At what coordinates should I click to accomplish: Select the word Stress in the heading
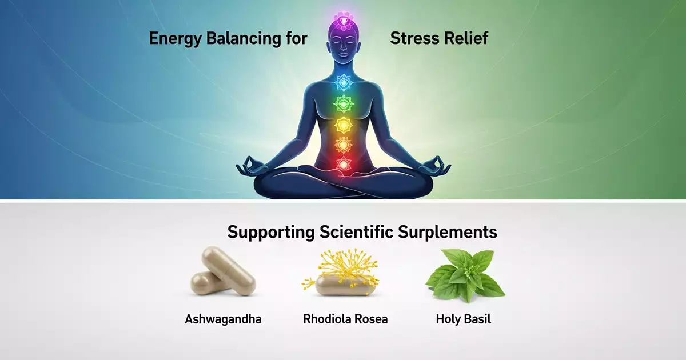click(412, 39)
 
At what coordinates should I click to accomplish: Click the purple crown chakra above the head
click(343, 21)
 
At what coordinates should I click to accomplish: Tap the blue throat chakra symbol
click(343, 83)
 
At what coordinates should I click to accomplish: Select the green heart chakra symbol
click(343, 104)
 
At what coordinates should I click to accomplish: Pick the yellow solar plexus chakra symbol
click(343, 125)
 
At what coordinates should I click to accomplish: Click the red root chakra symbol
click(343, 164)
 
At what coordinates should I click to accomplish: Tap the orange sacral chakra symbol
click(343, 145)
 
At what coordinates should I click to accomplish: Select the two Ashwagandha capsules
click(222, 273)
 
